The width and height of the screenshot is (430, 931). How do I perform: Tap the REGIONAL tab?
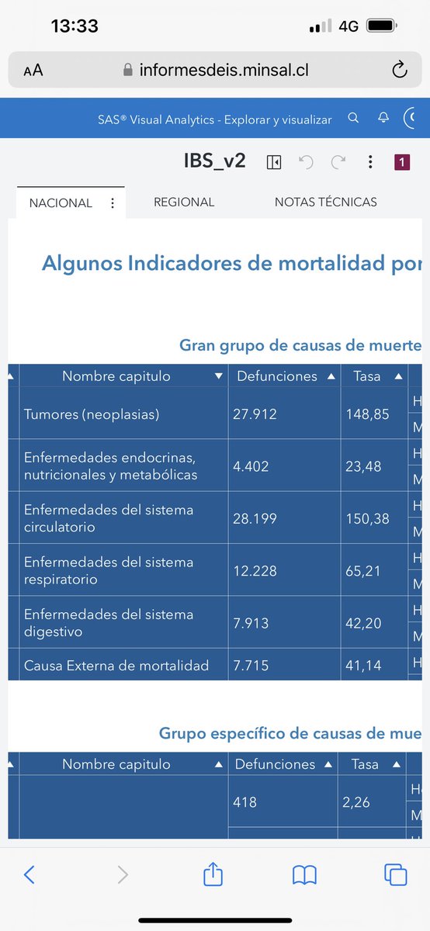184,202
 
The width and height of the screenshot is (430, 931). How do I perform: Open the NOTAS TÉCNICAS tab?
325,202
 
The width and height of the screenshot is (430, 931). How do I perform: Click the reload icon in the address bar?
400,71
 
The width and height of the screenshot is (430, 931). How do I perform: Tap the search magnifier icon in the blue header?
353,119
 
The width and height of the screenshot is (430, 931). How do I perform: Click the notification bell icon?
383,119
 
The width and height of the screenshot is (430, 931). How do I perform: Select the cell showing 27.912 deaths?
255,414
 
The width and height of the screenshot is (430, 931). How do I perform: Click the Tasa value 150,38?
367,518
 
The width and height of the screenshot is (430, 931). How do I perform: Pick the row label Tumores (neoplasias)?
92,414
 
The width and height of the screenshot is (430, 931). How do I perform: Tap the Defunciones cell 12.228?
255,570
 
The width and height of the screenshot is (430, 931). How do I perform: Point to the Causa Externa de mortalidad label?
116,666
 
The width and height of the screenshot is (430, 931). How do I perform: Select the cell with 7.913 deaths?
251,622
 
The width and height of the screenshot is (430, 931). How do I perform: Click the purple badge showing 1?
402,162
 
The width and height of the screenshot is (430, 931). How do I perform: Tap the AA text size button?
33,71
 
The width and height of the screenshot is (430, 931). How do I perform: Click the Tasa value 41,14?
362,666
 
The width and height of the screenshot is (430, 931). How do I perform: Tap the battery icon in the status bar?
383,26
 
